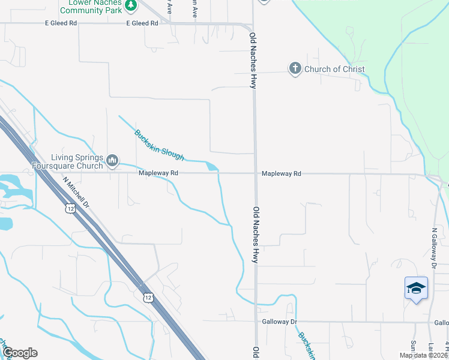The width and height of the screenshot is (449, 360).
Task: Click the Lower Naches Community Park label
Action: [92, 7]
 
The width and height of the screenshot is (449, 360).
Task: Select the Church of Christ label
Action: [334, 69]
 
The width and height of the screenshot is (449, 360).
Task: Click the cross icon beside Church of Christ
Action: [295, 69]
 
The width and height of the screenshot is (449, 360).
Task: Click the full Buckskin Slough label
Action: [159, 145]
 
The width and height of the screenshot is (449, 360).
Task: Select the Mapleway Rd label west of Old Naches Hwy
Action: [158, 173]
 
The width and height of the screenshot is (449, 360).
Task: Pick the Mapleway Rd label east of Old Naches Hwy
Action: [281, 173]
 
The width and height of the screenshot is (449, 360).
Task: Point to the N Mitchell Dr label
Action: [76, 192]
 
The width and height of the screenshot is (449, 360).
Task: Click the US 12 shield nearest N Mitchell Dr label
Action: [70, 208]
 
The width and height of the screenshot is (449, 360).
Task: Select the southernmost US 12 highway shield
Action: [148, 296]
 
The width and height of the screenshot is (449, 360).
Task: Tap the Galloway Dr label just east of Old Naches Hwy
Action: [280, 322]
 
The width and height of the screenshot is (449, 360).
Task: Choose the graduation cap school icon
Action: [416, 289]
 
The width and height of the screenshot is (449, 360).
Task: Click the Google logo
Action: [20, 353]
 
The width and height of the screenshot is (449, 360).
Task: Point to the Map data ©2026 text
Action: [423, 355]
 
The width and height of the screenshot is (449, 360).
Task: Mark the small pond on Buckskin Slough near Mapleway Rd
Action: [211, 166]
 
